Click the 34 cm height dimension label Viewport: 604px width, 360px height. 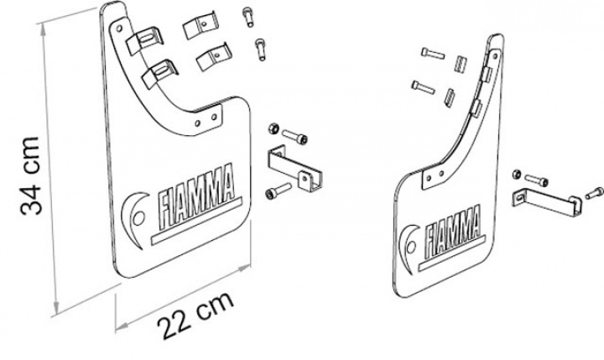[x=30, y=175]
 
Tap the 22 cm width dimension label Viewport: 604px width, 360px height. [x=195, y=316]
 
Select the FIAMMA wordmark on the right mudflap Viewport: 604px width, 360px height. [x=453, y=232]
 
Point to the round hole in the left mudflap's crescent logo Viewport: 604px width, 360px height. [x=138, y=218]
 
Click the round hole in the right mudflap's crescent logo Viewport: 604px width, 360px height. [x=410, y=247]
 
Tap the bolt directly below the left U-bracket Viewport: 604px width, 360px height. [x=278, y=190]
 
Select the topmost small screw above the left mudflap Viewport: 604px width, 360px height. [x=248, y=17]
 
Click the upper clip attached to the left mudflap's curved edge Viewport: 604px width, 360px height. [x=145, y=39]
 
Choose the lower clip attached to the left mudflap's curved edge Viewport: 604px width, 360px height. [x=160, y=73]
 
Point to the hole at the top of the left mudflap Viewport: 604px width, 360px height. [x=118, y=29]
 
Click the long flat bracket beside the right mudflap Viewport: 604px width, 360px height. [x=547, y=203]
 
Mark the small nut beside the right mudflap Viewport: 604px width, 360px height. [x=517, y=175]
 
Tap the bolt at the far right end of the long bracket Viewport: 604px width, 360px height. [x=594, y=193]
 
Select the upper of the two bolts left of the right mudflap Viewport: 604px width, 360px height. [x=433, y=53]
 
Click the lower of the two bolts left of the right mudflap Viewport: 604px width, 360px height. [x=423, y=86]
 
